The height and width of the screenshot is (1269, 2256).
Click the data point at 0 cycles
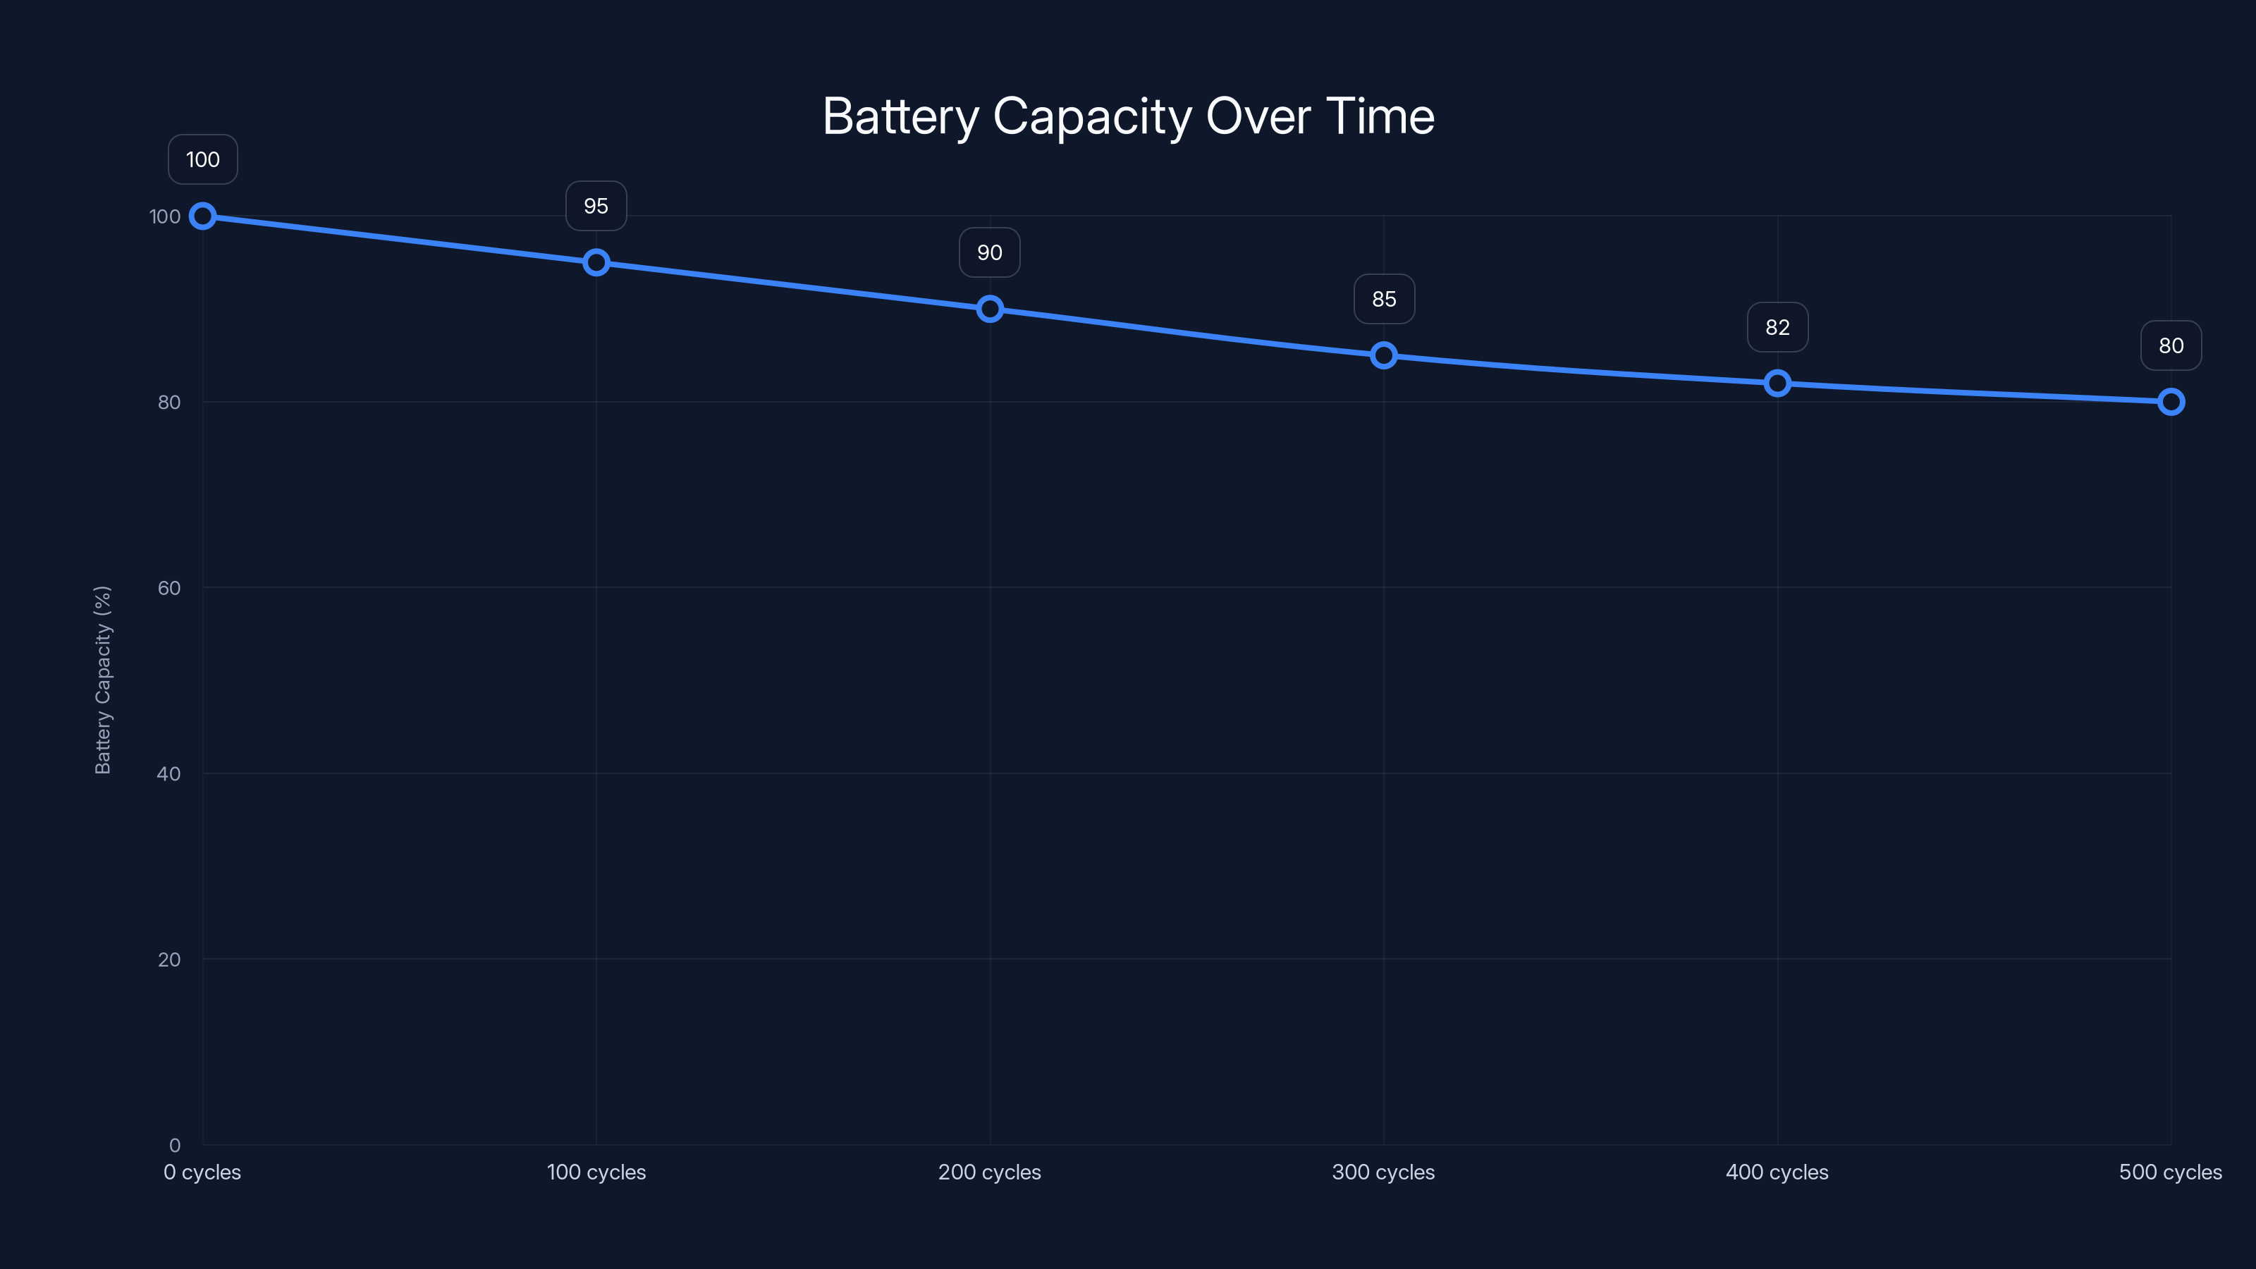point(202,216)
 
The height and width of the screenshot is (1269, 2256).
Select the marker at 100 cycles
point(596,263)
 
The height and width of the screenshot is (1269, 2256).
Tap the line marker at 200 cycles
point(990,309)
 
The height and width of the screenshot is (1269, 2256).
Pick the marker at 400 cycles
point(1777,384)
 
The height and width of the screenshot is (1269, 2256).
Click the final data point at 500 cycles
point(2170,402)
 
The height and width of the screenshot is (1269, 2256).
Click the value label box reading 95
point(596,206)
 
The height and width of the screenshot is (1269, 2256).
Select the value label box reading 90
point(990,252)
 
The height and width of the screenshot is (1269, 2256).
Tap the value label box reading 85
point(1384,299)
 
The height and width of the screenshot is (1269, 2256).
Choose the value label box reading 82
point(1777,328)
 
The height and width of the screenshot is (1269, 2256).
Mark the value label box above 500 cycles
point(2170,346)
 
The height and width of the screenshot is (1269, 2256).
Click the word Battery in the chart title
point(900,116)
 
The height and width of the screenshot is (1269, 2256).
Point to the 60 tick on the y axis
point(169,588)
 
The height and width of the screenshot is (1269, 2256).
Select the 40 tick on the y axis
point(169,773)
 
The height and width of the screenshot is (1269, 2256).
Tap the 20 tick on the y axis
point(169,960)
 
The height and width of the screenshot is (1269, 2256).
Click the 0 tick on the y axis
point(174,1146)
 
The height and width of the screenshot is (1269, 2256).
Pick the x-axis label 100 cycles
point(596,1172)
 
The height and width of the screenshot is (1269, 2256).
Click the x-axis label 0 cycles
point(202,1172)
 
